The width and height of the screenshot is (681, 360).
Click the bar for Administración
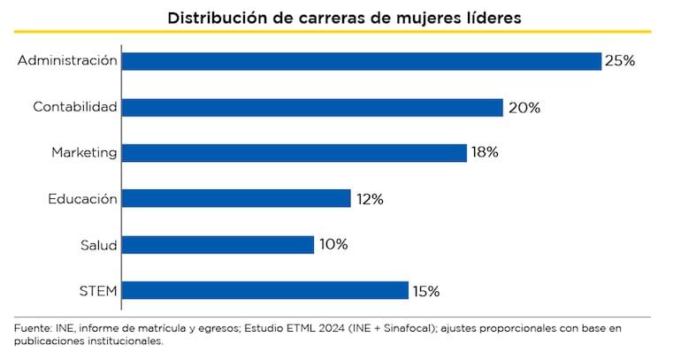361,61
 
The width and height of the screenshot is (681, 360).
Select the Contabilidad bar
312,107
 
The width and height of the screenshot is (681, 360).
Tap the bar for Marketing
294,153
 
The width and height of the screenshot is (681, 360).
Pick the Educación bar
236,199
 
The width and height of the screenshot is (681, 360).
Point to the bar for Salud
218,244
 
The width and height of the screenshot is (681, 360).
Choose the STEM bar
264,290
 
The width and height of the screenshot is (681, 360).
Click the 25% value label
620,61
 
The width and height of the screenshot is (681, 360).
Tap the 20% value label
524,108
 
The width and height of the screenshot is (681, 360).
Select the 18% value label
485,153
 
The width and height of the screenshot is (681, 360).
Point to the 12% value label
370,199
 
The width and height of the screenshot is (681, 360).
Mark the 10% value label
333,244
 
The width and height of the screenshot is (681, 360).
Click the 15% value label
425,290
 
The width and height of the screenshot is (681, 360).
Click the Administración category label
67,61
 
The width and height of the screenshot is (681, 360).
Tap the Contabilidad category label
74,107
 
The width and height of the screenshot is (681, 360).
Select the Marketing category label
84,153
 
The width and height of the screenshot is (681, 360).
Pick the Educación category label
82,199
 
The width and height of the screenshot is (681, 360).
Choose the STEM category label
98,290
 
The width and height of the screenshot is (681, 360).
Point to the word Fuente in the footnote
33,329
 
